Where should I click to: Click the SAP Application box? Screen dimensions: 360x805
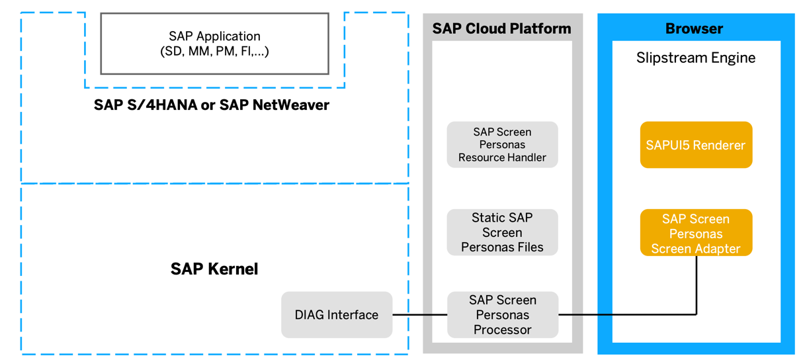click(x=214, y=44)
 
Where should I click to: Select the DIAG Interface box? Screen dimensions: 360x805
click(x=337, y=315)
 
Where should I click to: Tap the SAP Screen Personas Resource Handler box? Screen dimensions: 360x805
click(x=502, y=145)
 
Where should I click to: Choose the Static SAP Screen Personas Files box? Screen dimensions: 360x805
click(x=502, y=232)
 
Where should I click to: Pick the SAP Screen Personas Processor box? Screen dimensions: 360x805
click(x=502, y=315)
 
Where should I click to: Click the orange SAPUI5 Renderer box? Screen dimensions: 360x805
click(x=696, y=145)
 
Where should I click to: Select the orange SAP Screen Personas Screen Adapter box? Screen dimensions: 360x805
click(x=696, y=233)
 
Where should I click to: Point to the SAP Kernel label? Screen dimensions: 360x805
click(x=214, y=269)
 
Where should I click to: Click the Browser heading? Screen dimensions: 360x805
click(x=694, y=29)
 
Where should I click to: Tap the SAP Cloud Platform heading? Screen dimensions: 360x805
click(x=501, y=29)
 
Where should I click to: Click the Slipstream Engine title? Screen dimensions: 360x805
click(x=696, y=58)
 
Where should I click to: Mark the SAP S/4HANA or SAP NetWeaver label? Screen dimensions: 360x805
click(x=212, y=105)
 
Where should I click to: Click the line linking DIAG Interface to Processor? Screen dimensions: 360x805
click(x=420, y=315)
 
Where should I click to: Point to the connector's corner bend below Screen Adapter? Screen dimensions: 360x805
click(x=697, y=314)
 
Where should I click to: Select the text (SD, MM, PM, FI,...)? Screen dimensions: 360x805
click(x=214, y=52)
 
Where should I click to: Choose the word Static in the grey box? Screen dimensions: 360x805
click(x=487, y=218)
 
